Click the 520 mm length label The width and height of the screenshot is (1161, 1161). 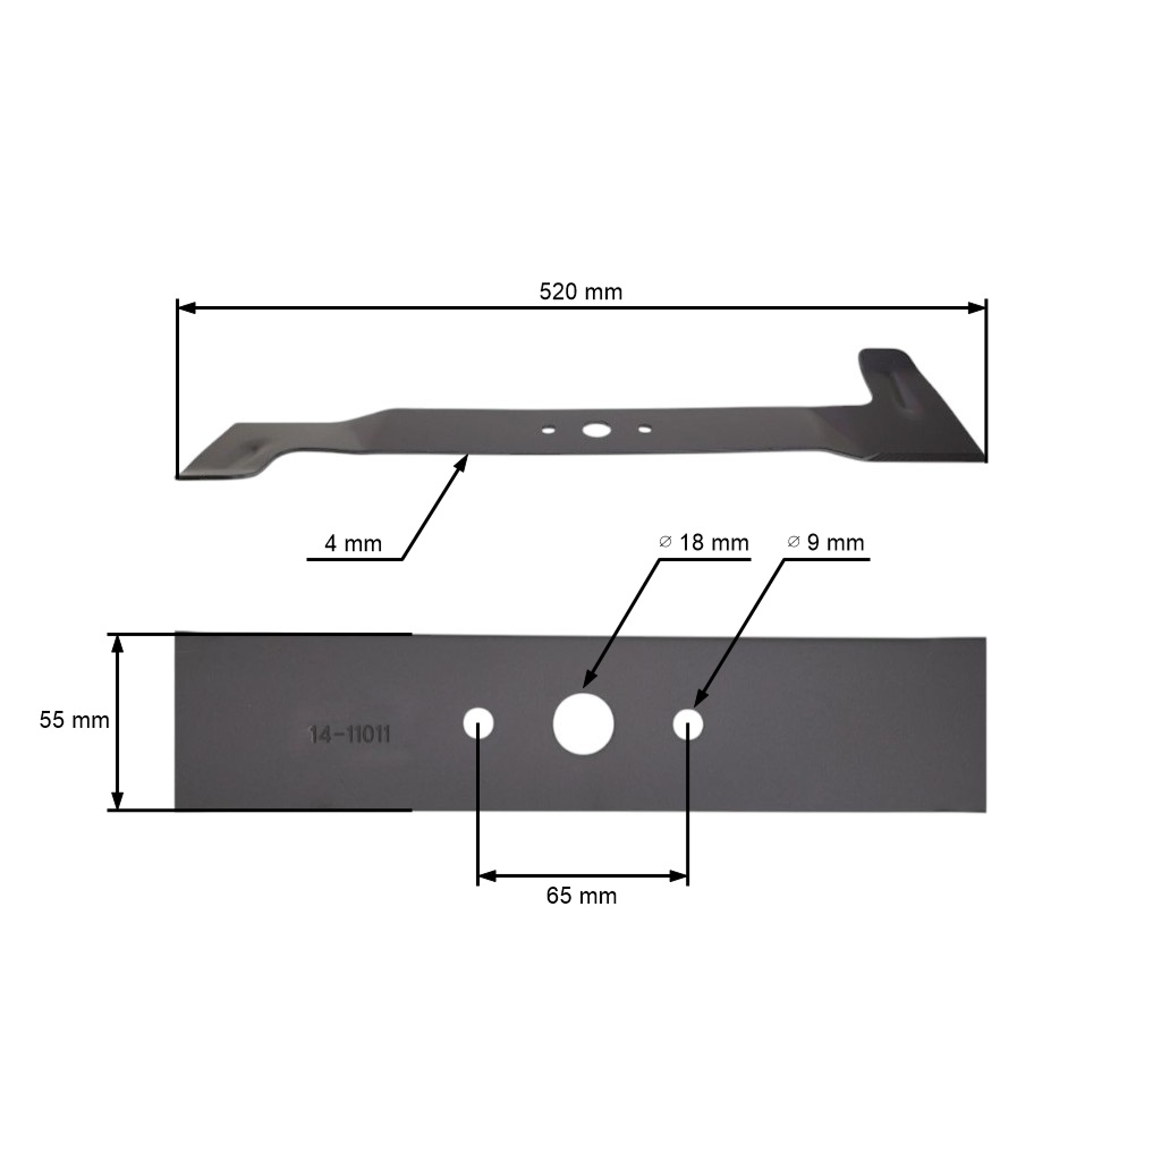pyautogui.click(x=580, y=292)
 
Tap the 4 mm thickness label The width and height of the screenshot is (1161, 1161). pyautogui.click(x=353, y=544)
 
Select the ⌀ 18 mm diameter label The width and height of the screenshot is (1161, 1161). pyautogui.click(x=704, y=543)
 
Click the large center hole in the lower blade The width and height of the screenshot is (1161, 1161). pyautogui.click(x=583, y=724)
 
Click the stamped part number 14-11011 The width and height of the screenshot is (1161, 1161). pyautogui.click(x=350, y=735)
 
